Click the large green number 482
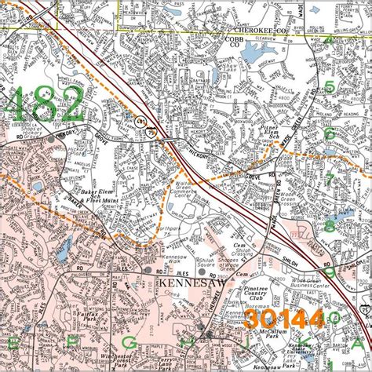click(x=46, y=104)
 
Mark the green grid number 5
click(x=330, y=88)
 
